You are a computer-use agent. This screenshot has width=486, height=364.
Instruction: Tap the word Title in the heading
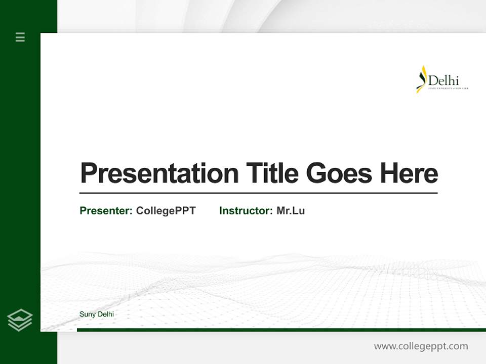272,173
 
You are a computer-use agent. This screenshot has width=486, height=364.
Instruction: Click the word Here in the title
409,173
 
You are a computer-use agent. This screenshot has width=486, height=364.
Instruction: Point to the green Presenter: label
106,211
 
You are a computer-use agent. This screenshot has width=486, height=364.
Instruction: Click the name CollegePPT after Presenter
166,211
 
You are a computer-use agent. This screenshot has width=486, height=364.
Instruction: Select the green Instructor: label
246,211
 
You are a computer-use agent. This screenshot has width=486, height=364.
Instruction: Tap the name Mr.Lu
291,211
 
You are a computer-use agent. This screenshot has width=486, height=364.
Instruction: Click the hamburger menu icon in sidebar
20,37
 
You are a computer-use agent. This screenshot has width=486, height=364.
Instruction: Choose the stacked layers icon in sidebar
20,320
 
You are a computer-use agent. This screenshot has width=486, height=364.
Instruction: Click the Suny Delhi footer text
97,314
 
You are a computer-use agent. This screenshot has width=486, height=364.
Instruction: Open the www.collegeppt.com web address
421,346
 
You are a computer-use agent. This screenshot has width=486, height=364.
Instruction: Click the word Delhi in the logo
443,81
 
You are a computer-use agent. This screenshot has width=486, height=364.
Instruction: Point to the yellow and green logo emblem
421,79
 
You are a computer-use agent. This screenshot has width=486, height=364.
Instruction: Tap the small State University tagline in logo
448,88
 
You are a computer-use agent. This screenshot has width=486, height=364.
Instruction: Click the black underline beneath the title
258,193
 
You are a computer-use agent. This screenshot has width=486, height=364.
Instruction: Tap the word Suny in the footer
87,314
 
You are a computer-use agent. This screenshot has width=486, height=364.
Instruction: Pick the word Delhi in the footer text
105,314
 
